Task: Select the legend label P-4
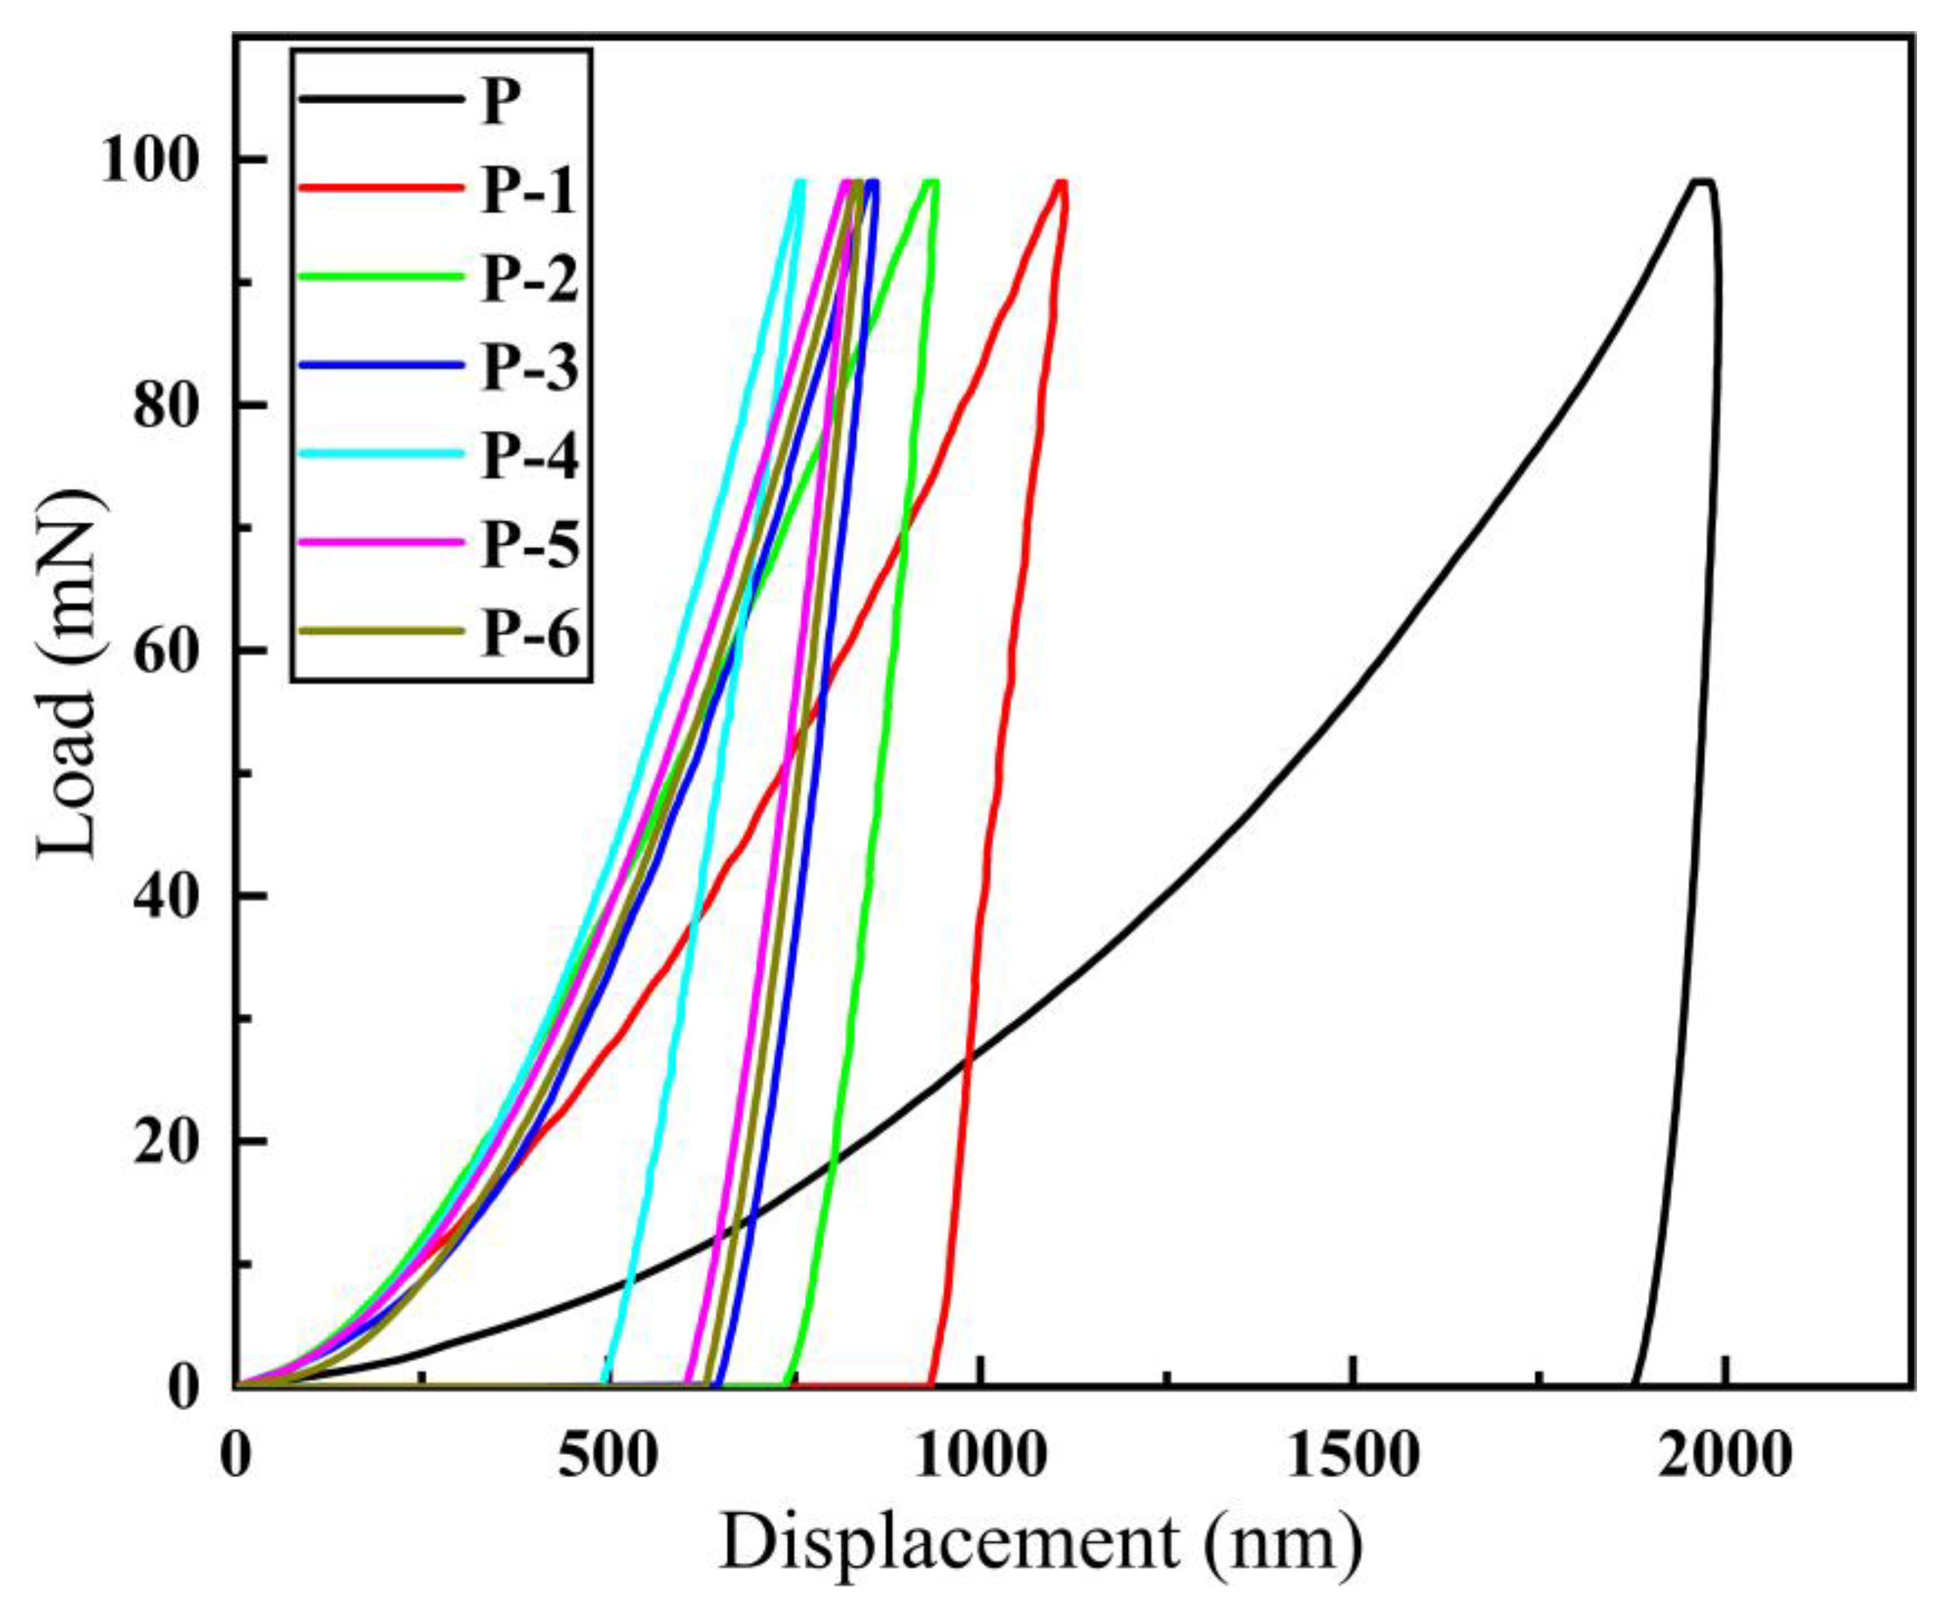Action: (x=528, y=456)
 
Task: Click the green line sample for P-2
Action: (x=380, y=276)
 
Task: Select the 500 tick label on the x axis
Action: (x=610, y=1456)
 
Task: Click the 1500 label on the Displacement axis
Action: (x=1353, y=1456)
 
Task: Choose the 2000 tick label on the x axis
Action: (x=1725, y=1456)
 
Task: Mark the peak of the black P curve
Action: (x=1702, y=181)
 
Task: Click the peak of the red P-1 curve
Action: (x=1063, y=182)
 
